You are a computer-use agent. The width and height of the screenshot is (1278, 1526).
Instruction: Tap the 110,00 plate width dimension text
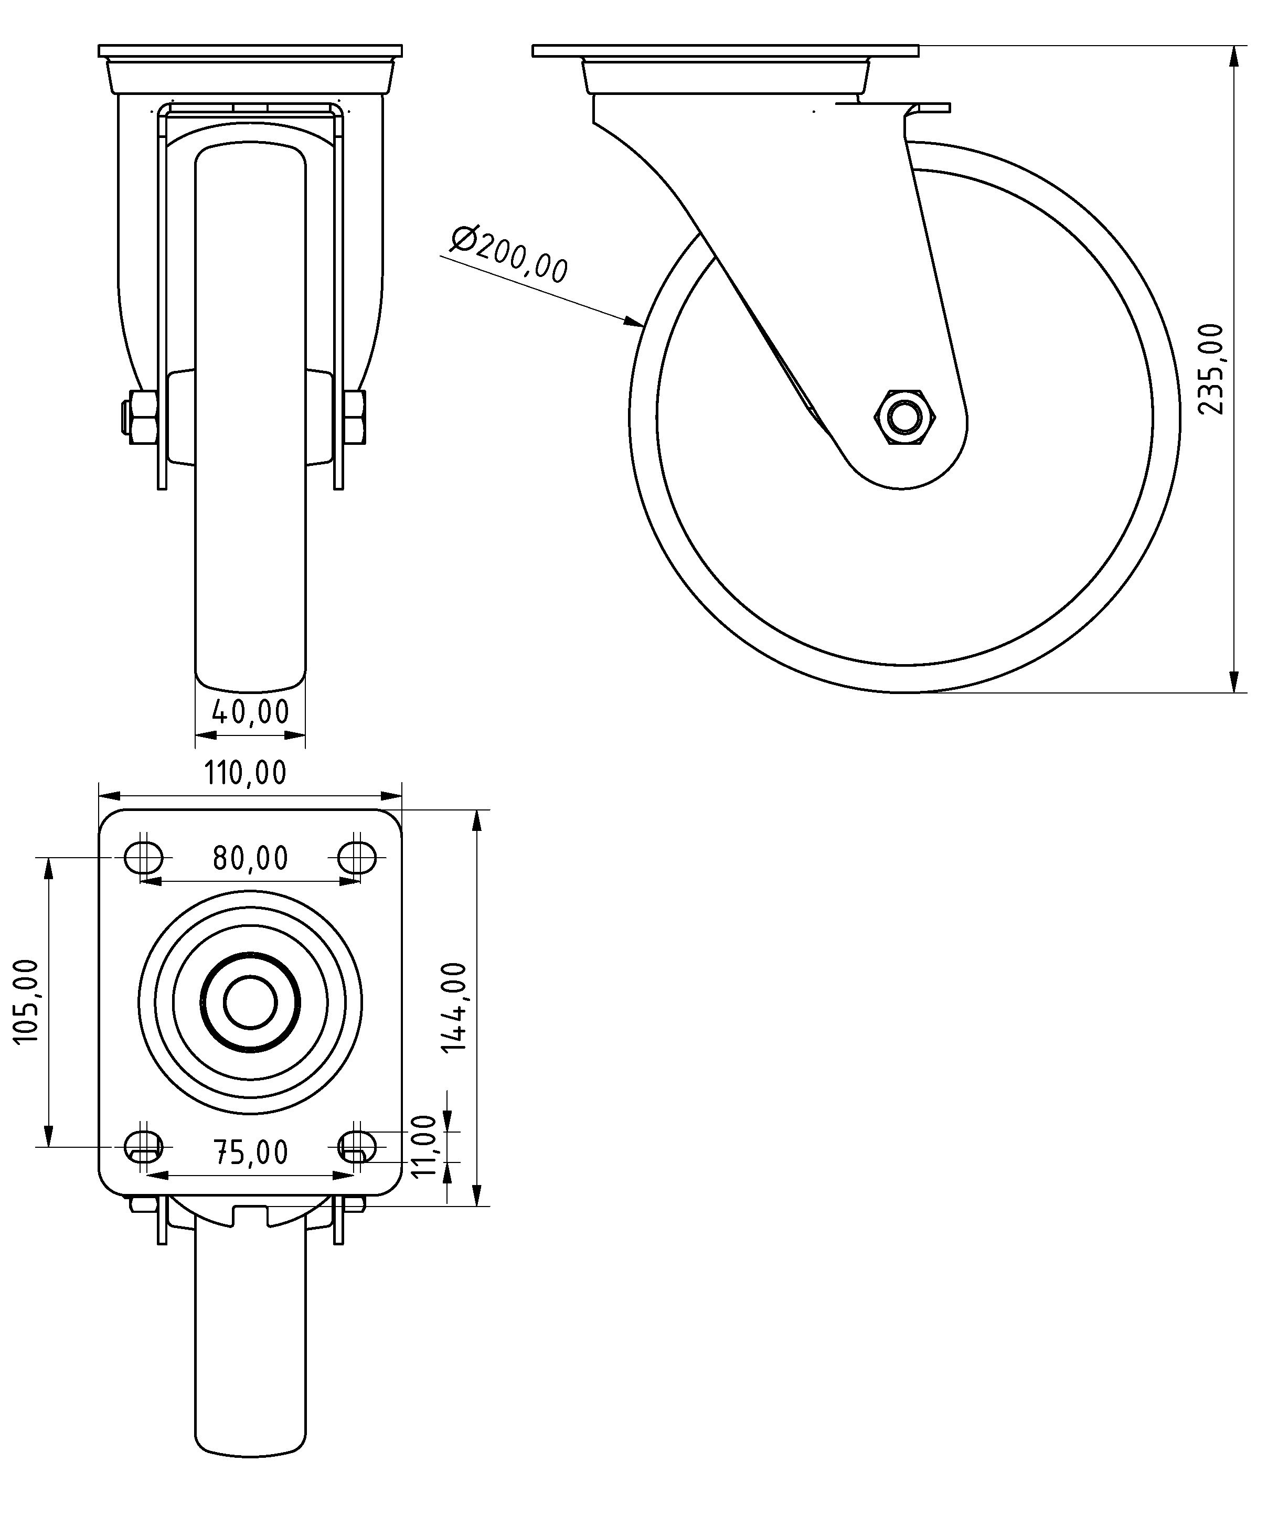click(246, 773)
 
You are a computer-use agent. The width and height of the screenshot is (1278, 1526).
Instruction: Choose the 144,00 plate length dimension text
click(455, 1007)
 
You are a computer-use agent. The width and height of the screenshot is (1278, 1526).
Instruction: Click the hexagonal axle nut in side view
click(904, 417)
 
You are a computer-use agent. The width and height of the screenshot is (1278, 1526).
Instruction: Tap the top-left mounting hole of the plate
click(144, 858)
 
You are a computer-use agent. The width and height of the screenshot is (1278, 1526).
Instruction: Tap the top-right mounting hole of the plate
click(357, 858)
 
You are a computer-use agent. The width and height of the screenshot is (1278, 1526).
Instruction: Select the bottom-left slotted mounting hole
click(144, 1147)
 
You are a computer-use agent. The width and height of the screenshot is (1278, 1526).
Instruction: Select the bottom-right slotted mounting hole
click(357, 1147)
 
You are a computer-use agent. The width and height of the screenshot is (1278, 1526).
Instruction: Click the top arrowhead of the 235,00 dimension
click(1234, 55)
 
